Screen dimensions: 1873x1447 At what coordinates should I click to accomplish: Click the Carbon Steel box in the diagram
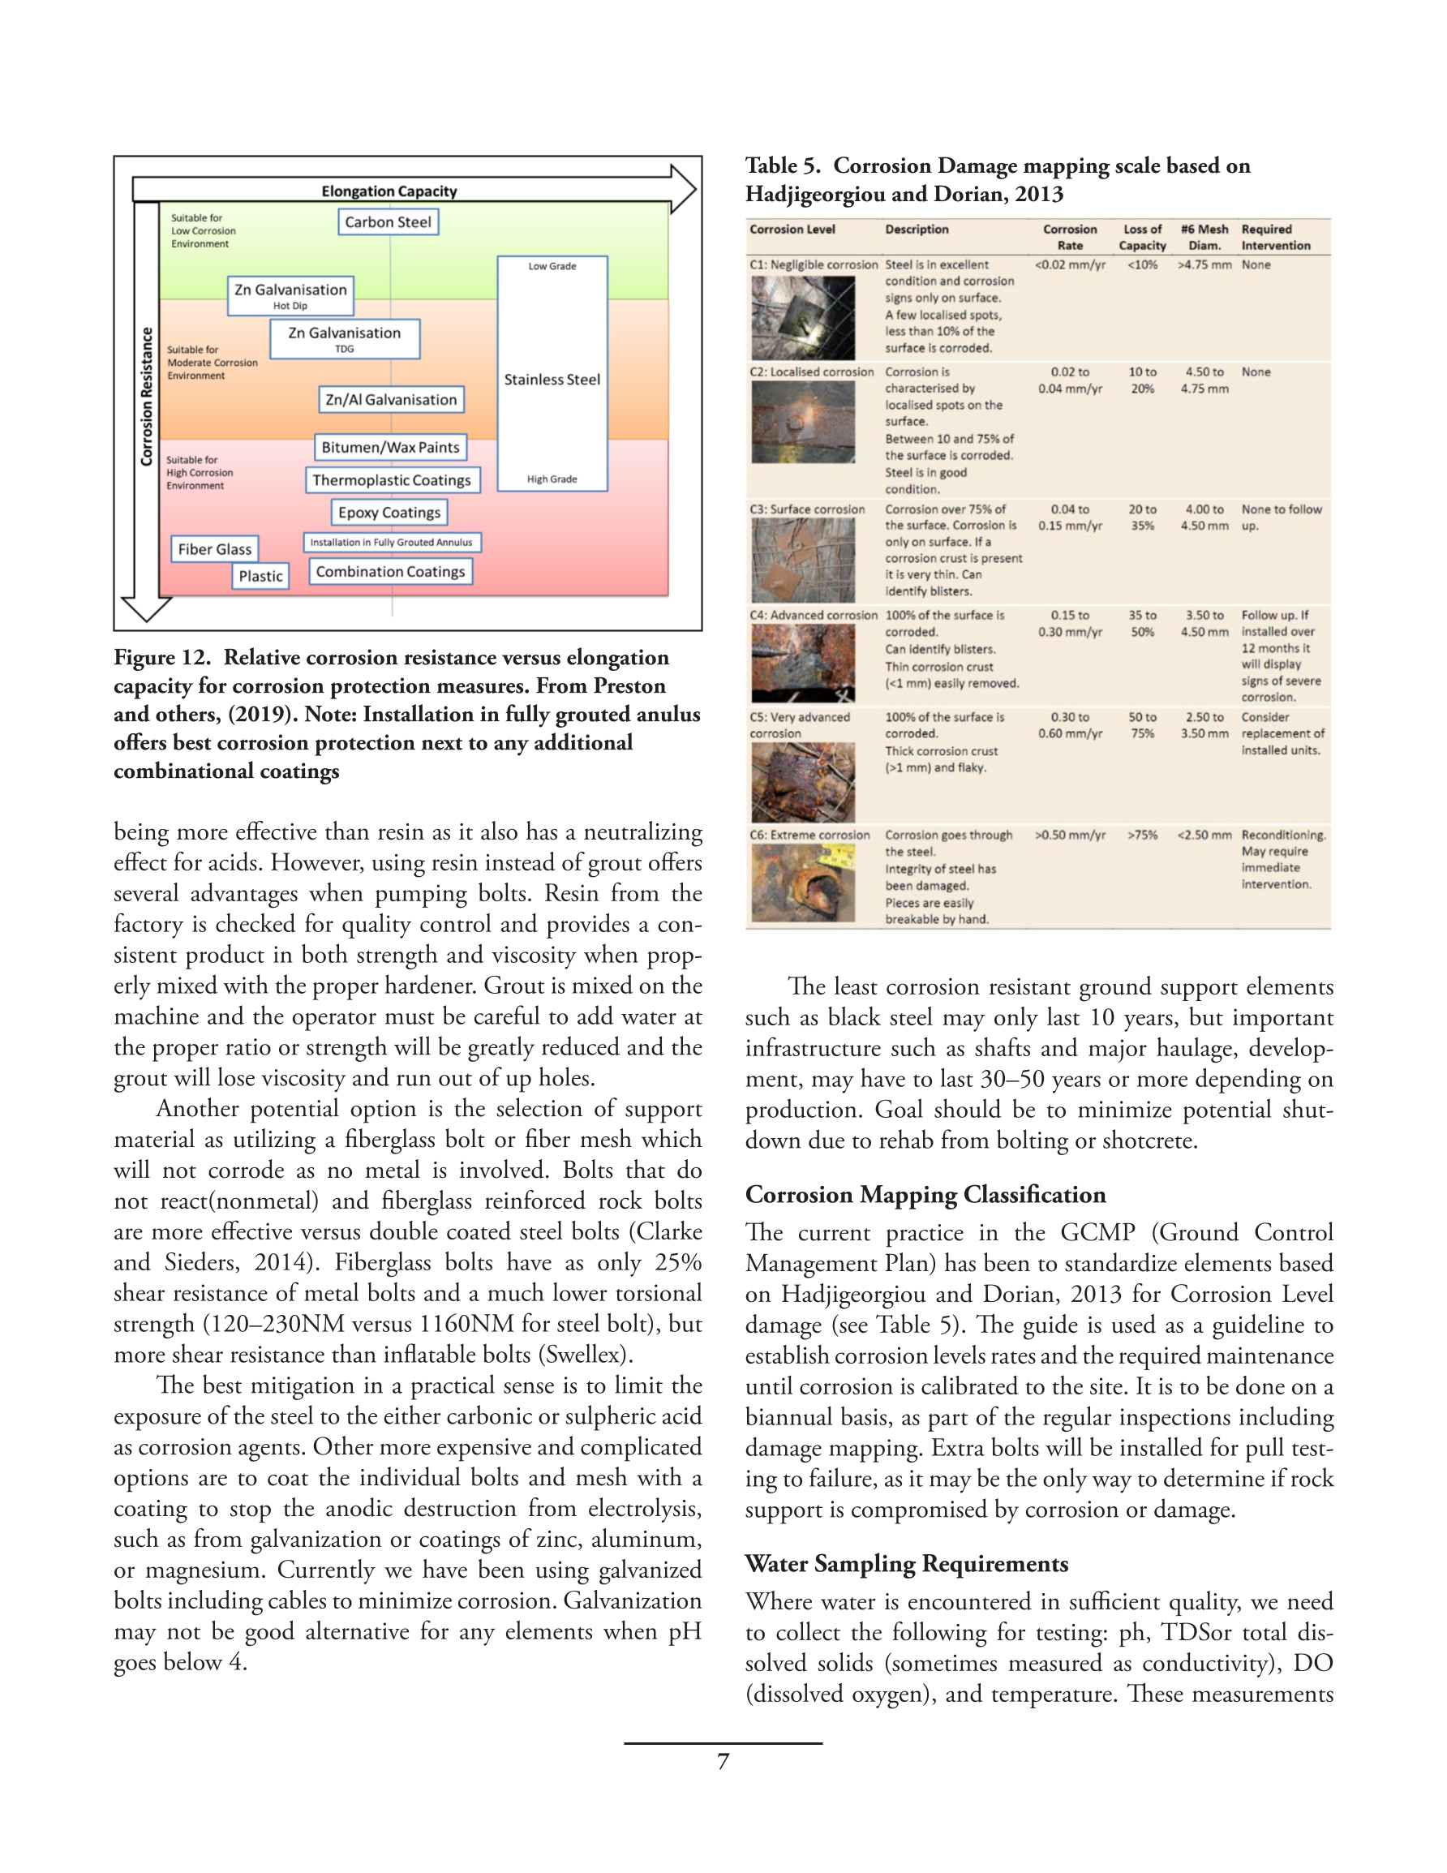click(388, 222)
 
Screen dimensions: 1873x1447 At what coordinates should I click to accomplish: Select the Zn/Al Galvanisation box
click(391, 400)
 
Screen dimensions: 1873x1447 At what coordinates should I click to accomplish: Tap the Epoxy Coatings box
click(389, 513)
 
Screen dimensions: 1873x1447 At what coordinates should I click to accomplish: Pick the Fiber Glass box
click(214, 549)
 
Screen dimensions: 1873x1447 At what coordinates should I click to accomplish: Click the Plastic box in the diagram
click(260, 576)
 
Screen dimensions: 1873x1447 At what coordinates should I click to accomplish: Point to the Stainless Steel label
click(552, 380)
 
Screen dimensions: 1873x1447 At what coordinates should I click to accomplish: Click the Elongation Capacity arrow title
click(389, 191)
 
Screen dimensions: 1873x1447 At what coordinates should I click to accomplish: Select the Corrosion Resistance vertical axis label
click(147, 396)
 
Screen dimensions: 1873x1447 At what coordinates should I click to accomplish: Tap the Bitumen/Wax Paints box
click(390, 448)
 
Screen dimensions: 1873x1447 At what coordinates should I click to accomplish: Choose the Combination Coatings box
click(390, 572)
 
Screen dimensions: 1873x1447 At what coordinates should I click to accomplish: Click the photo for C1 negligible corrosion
click(803, 318)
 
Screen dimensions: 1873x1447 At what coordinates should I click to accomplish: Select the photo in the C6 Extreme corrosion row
click(803, 883)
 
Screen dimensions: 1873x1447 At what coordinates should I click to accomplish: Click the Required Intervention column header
click(1276, 238)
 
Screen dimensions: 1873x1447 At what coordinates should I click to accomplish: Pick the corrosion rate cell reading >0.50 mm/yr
click(1070, 836)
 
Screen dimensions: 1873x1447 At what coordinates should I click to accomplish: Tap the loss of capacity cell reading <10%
click(1142, 265)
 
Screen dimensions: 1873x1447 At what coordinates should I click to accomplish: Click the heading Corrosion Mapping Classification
click(925, 1195)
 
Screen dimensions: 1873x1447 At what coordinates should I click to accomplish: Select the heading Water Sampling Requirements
click(906, 1563)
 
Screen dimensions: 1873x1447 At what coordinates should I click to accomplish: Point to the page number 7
click(723, 1762)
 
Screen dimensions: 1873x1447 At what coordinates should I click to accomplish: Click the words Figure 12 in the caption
click(161, 658)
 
